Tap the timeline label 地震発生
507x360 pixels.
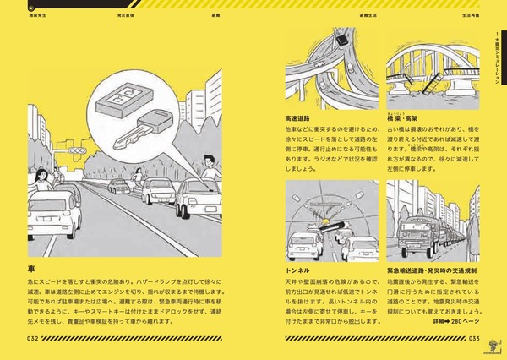pos(37,15)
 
